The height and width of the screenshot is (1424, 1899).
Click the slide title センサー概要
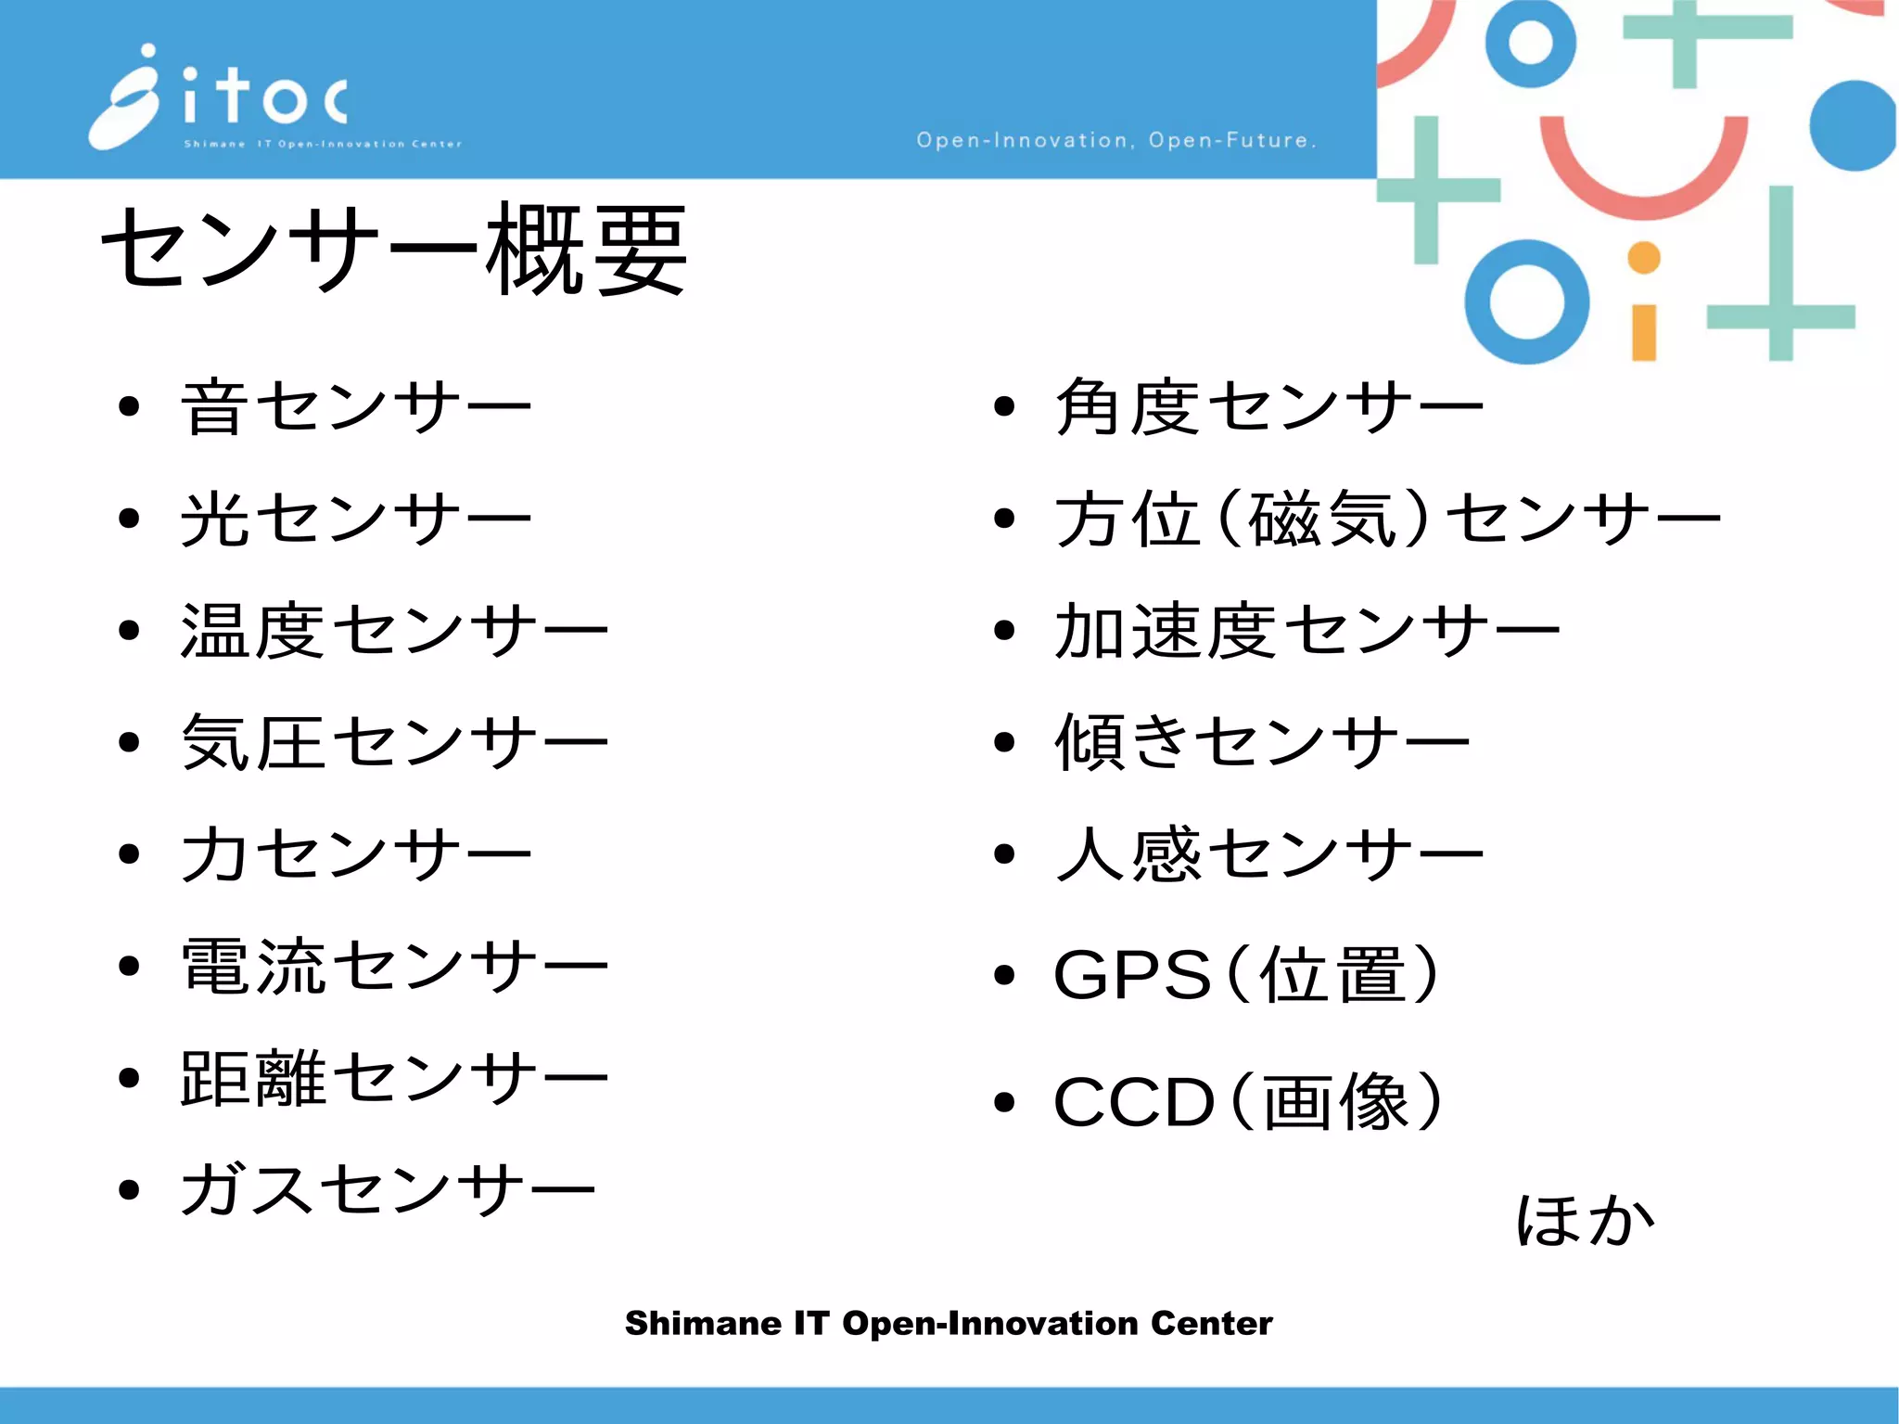pyautogui.click(x=393, y=249)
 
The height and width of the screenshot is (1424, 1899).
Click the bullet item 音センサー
pyautogui.click(x=356, y=406)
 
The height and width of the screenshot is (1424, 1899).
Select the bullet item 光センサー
pyautogui.click(x=356, y=519)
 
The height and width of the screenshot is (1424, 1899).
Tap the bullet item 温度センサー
pyautogui.click(x=394, y=631)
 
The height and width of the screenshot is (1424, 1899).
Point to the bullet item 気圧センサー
pyautogui.click(x=394, y=742)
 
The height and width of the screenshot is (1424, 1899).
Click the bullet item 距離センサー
pyautogui.click(x=394, y=1078)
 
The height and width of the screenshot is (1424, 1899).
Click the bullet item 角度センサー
pyautogui.click(x=1268, y=406)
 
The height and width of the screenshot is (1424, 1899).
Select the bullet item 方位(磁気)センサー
pyautogui.click(x=1387, y=519)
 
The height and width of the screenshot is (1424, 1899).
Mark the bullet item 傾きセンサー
pyautogui.click(x=1262, y=742)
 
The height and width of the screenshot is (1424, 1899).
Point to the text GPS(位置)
pyautogui.click(x=1247, y=974)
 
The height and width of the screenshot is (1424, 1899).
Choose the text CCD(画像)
pyautogui.click(x=1248, y=1102)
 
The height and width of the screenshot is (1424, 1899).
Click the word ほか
pyautogui.click(x=1585, y=1220)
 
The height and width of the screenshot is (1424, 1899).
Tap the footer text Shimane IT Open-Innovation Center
pyautogui.click(x=949, y=1323)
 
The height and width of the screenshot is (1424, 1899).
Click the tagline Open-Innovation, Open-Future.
pyautogui.click(x=1116, y=140)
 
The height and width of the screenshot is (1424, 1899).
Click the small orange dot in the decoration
pyautogui.click(x=1644, y=258)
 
